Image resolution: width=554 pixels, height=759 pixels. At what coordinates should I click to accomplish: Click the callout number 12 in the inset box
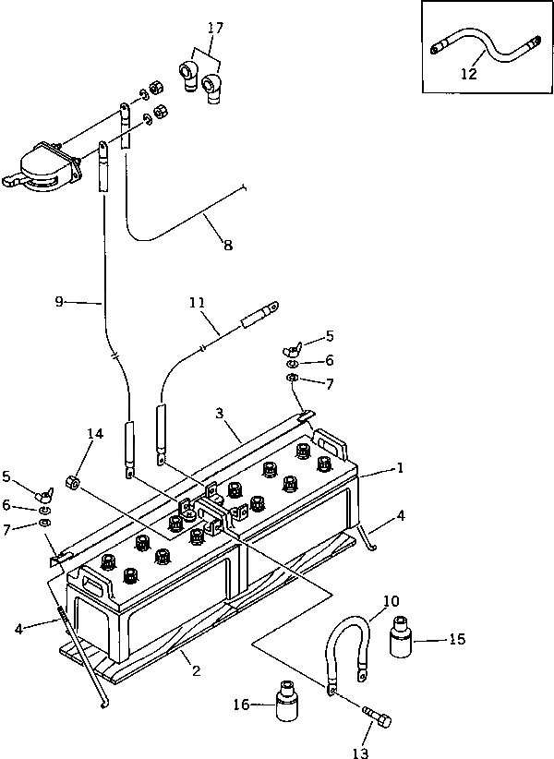(470, 74)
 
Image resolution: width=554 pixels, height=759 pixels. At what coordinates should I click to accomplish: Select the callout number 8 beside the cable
(227, 245)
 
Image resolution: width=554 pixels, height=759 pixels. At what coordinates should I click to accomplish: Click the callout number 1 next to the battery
(400, 469)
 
